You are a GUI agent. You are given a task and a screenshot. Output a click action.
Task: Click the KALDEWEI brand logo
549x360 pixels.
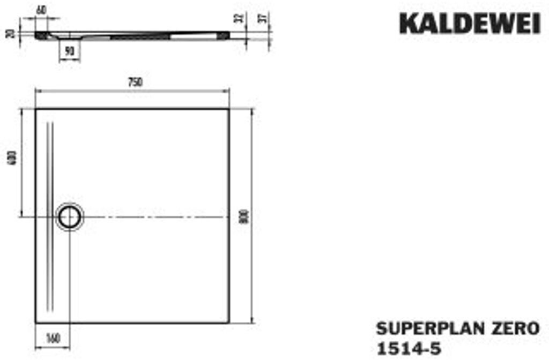pos(470,25)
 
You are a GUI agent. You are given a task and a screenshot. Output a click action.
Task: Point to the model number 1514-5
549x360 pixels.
pos(409,348)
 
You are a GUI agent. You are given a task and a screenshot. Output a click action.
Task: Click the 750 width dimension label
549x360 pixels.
pos(135,82)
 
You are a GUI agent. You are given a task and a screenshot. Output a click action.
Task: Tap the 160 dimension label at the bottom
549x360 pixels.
pos(53,338)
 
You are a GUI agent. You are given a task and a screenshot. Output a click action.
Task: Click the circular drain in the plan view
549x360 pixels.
pos(70,217)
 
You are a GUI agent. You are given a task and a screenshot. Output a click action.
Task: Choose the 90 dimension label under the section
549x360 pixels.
pos(69,51)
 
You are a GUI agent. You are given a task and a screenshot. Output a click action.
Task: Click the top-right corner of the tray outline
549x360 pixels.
pos(229,109)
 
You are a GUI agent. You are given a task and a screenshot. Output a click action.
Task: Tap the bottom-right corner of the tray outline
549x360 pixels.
pos(229,322)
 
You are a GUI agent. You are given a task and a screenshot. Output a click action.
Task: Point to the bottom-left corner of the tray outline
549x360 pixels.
pos(36,322)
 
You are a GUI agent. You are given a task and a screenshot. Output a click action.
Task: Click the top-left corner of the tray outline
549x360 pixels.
pos(36,109)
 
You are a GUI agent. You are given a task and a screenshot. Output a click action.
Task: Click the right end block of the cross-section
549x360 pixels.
pos(223,34)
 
